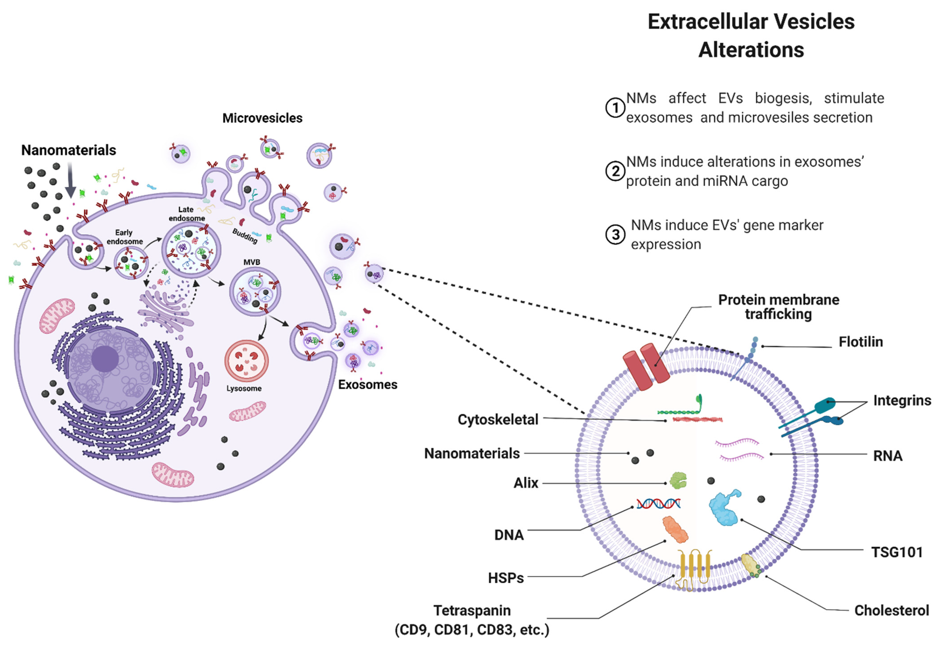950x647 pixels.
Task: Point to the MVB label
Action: [252, 262]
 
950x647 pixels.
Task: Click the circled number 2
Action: [615, 171]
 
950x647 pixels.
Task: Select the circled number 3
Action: [615, 235]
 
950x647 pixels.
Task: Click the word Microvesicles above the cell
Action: [262, 118]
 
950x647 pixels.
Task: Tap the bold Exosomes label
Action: [367, 384]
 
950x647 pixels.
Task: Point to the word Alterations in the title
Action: [751, 50]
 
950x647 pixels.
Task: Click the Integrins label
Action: [902, 400]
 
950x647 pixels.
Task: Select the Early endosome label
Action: [124, 237]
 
